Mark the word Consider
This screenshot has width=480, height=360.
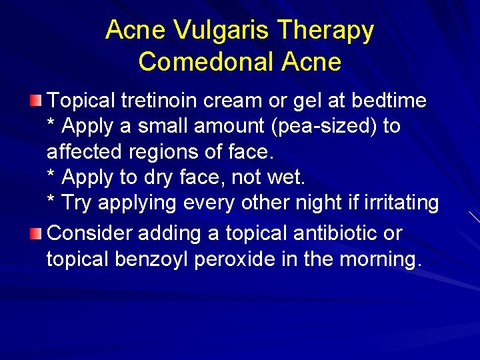(91, 233)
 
